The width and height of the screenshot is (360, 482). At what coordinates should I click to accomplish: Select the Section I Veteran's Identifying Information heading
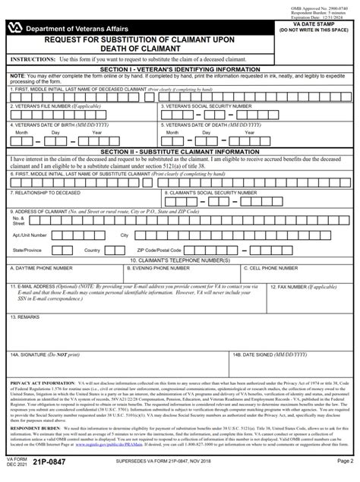pos(180,69)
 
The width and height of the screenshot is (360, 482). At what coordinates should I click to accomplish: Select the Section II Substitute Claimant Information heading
pos(180,151)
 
